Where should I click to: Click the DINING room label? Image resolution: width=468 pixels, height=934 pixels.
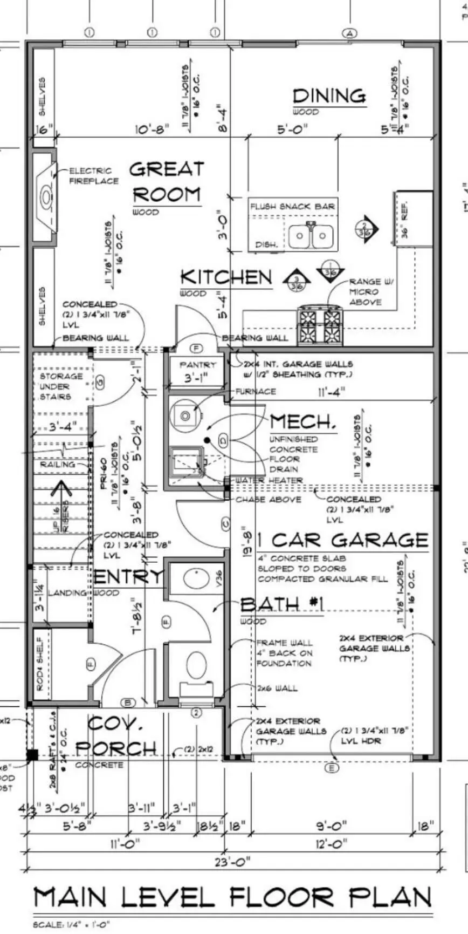(x=329, y=96)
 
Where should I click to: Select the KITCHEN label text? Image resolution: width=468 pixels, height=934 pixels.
(x=226, y=277)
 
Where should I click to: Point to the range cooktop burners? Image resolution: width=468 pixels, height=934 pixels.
(x=320, y=325)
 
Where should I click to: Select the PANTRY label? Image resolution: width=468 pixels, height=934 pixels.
(x=197, y=365)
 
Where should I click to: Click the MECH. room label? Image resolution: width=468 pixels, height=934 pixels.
(x=302, y=421)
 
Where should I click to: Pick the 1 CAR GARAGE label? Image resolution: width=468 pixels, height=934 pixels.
(x=342, y=540)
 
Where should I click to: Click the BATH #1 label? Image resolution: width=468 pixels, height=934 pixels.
(x=281, y=605)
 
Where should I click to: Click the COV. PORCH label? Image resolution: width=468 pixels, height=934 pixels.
(x=115, y=736)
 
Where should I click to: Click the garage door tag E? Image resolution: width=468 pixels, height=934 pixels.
(x=332, y=768)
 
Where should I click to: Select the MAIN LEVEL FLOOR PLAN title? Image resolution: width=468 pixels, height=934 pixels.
(x=232, y=897)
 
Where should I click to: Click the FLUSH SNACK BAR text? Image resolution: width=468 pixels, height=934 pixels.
(x=293, y=206)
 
